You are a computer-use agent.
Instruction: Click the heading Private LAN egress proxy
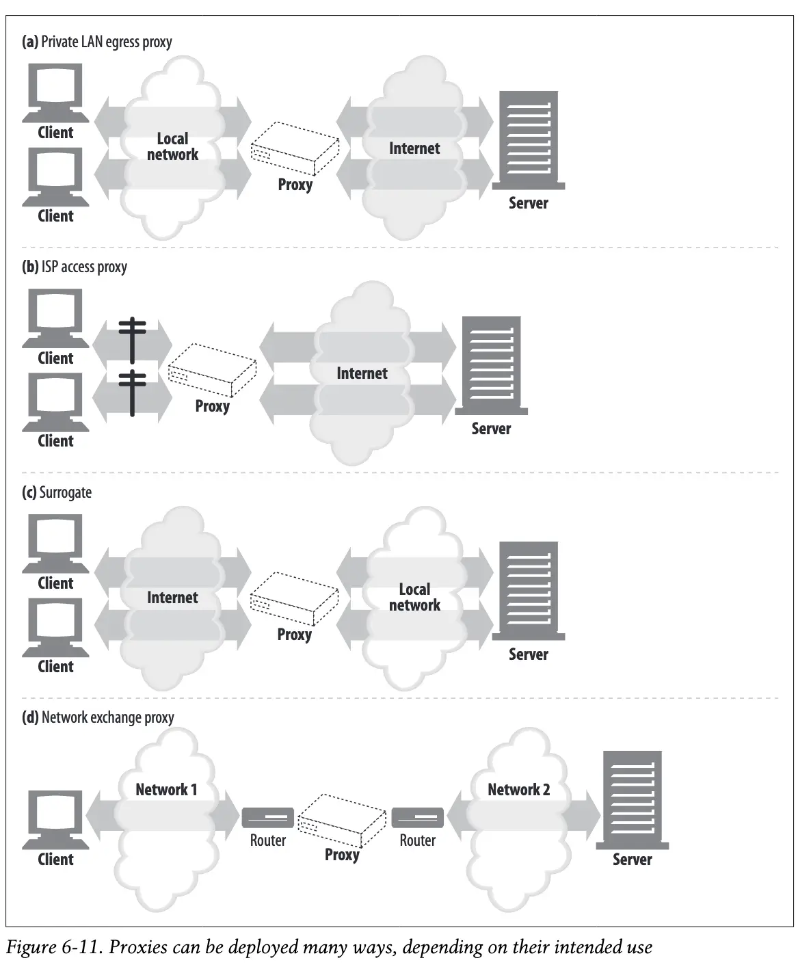pyautogui.click(x=97, y=42)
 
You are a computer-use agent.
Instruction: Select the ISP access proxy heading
pyautogui.click(x=75, y=267)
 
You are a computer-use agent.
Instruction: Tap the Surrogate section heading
pyautogui.click(x=57, y=492)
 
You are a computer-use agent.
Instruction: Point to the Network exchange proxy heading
pyautogui.click(x=98, y=717)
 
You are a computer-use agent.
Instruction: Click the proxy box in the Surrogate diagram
pyautogui.click(x=294, y=599)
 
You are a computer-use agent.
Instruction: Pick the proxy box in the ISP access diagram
pyautogui.click(x=212, y=370)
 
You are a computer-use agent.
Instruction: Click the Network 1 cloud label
pyautogui.click(x=166, y=790)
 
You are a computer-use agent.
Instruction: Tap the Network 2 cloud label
pyautogui.click(x=518, y=790)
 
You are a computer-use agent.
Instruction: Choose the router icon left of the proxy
pyautogui.click(x=267, y=818)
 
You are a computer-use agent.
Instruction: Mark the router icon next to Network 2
pyautogui.click(x=417, y=818)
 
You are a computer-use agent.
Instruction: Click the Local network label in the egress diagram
pyautogui.click(x=172, y=147)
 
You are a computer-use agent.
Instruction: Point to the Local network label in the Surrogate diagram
pyautogui.click(x=414, y=597)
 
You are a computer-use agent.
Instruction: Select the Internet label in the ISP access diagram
pyautogui.click(x=362, y=373)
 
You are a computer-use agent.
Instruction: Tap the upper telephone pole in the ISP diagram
pyautogui.click(x=132, y=338)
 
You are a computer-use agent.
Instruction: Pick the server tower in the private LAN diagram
pyautogui.click(x=528, y=140)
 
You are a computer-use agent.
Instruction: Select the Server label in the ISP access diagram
pyautogui.click(x=491, y=429)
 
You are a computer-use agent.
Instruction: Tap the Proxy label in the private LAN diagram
pyautogui.click(x=295, y=185)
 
